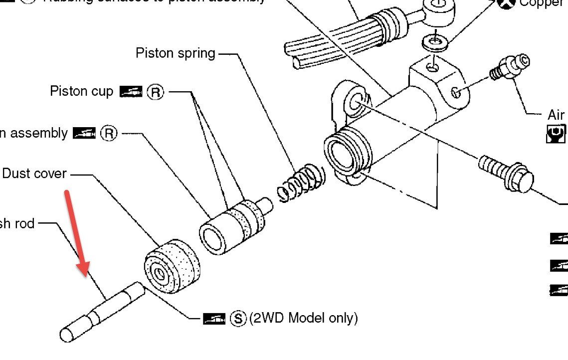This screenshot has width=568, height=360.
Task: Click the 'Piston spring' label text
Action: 176,53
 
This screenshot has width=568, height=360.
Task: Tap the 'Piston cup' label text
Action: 82,91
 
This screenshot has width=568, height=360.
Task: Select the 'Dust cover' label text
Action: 34,174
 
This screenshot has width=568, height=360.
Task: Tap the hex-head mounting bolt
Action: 506,173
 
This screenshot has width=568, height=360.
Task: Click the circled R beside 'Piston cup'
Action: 155,92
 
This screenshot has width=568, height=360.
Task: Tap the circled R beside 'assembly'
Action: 108,134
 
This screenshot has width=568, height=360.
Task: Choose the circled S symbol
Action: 239,318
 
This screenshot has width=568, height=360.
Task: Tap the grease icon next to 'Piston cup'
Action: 131,92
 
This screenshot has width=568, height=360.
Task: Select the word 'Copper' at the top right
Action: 543,4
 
